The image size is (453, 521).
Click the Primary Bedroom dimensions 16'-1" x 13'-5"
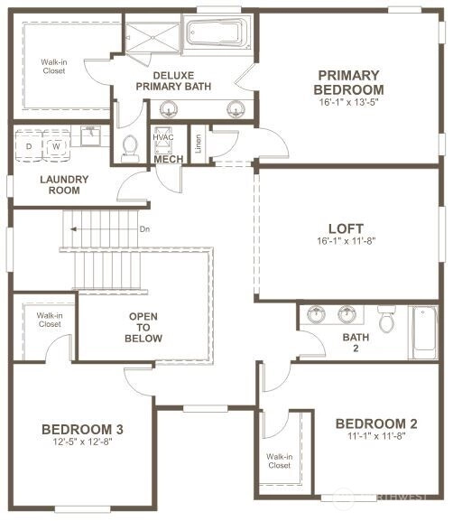point(348,102)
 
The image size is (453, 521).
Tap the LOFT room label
point(346,228)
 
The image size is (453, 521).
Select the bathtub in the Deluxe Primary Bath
point(217,33)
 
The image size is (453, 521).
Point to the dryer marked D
point(29,146)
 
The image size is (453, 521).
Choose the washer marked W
point(57,146)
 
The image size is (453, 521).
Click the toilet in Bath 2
point(386,319)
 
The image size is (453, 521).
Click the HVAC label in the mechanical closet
point(163,137)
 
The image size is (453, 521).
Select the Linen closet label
point(199,144)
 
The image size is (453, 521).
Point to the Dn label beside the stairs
point(144,229)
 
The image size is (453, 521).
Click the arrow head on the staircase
point(73,229)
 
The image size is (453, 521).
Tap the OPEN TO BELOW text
point(143,327)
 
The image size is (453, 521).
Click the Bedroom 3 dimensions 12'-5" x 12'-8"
point(83,442)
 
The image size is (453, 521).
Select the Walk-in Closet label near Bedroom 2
point(280,461)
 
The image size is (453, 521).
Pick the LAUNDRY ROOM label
point(64,185)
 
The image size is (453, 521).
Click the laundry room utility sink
point(90,135)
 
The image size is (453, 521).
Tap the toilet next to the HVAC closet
point(130,148)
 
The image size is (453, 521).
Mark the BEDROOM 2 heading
point(376,423)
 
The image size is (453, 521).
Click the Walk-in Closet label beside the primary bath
point(54,66)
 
